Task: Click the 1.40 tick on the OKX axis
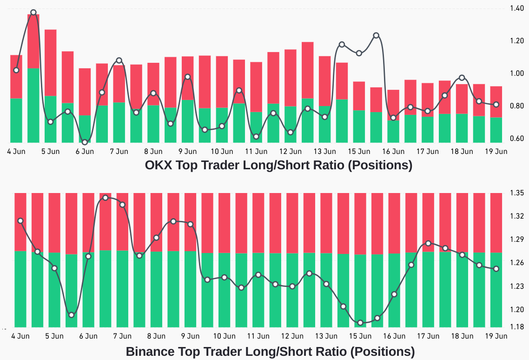click(x=517, y=8)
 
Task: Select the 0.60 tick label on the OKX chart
click(x=517, y=139)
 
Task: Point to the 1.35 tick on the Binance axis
click(x=517, y=193)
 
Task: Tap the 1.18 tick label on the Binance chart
click(x=517, y=327)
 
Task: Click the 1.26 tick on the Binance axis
click(x=517, y=263)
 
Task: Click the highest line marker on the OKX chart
click(x=33, y=13)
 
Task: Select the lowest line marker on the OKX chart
click(x=85, y=142)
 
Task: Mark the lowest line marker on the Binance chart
click(x=360, y=322)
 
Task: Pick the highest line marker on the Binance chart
click(x=106, y=198)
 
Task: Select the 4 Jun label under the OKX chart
click(x=16, y=151)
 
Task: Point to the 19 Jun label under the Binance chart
click(x=496, y=336)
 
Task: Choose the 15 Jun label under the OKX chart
click(x=359, y=151)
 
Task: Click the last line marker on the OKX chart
click(x=496, y=105)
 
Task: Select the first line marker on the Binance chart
click(x=20, y=220)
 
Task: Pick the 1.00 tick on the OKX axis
click(x=517, y=73)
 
